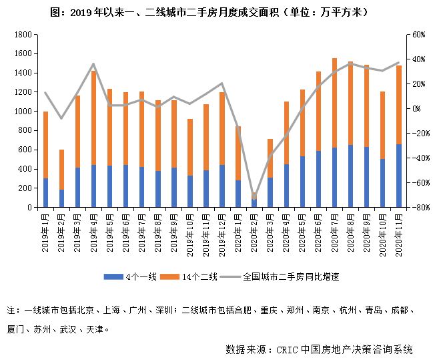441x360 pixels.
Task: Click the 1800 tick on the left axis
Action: [23, 34]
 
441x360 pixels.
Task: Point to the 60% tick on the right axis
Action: [418, 34]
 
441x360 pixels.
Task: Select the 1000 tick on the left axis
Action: [23, 112]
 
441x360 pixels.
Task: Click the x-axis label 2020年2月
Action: [254, 228]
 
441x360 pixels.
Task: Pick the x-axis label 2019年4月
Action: [94, 228]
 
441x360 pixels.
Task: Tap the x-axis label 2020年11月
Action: [399, 230]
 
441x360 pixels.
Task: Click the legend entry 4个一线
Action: [137, 276]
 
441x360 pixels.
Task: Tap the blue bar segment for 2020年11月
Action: [398, 176]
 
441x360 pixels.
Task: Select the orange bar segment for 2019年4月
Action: [94, 118]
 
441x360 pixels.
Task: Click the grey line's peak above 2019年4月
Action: [94, 64]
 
